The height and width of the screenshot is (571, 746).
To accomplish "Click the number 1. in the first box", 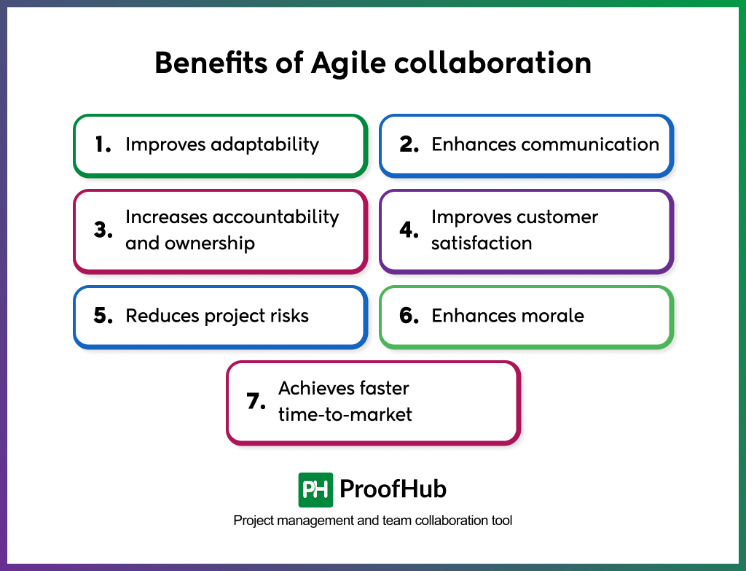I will coord(103,144).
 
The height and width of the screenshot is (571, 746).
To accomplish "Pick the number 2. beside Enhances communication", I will coord(409,144).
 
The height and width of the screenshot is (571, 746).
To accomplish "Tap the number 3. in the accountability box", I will coord(103,230).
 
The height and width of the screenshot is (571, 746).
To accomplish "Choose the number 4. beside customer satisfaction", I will coord(409,230).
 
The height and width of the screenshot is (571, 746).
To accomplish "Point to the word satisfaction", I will coord(481,243).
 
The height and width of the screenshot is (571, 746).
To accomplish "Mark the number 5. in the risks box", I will coord(103,316).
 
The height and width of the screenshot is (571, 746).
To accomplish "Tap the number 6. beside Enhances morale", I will coord(409,316).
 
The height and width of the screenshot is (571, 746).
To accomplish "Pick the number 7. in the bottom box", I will coord(256,402).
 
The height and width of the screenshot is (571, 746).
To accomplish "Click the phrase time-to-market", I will coord(345,414).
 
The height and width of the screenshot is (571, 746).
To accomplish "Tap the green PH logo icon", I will coord(315,489).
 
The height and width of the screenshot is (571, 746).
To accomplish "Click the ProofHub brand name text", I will coord(393,489).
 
